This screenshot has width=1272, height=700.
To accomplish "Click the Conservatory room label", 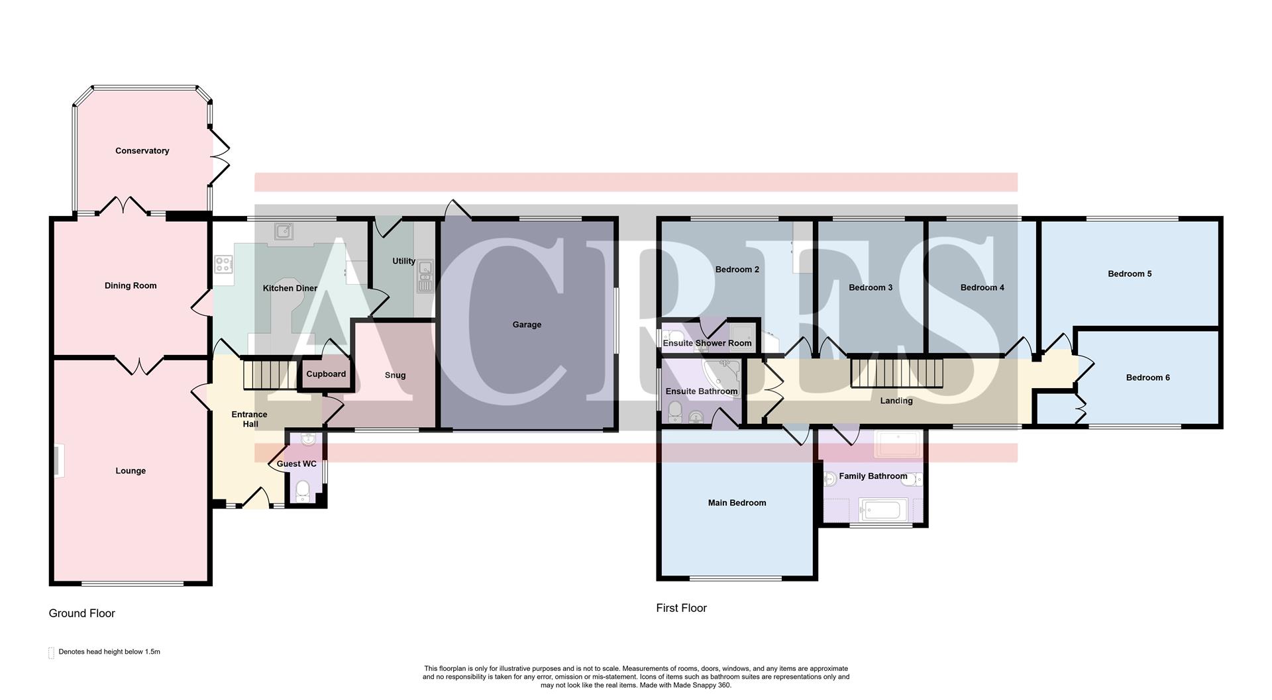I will tap(142, 151).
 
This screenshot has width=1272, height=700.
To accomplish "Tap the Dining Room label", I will tap(131, 286).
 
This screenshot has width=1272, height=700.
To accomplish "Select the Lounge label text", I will tap(131, 471).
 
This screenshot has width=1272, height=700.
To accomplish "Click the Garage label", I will tap(527, 325).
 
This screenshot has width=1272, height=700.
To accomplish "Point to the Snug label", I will tap(395, 375).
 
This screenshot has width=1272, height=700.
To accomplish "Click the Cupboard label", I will tap(326, 374).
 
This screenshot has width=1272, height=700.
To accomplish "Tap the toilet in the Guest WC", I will tap(303, 491).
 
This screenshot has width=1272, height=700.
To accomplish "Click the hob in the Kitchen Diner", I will tap(223, 265).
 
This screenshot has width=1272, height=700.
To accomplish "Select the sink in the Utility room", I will tap(424, 277).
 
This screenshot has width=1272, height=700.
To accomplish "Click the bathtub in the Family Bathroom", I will tap(879, 510).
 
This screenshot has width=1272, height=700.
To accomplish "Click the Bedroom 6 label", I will tap(1147, 377).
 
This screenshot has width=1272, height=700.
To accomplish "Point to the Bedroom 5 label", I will tap(1130, 274).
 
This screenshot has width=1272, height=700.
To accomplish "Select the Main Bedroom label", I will tap(737, 503).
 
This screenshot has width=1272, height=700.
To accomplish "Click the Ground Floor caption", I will tap(82, 613).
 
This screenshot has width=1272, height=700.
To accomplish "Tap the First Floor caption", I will tap(681, 608).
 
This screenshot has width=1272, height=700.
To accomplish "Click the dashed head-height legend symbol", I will tap(51, 653).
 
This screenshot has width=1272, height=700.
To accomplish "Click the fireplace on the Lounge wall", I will tap(58, 461).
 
